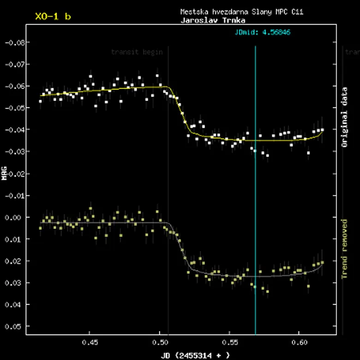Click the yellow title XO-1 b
53,17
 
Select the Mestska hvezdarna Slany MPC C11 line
241,12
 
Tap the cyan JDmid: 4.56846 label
262,32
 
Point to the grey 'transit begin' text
137,52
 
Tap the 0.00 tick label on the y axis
13,217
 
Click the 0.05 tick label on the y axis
13,326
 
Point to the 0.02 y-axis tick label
13,261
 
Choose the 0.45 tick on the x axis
90,343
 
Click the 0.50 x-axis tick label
160,343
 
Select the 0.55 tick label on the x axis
229,343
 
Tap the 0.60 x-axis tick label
299,343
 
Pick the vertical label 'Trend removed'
344,249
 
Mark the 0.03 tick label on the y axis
13,282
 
